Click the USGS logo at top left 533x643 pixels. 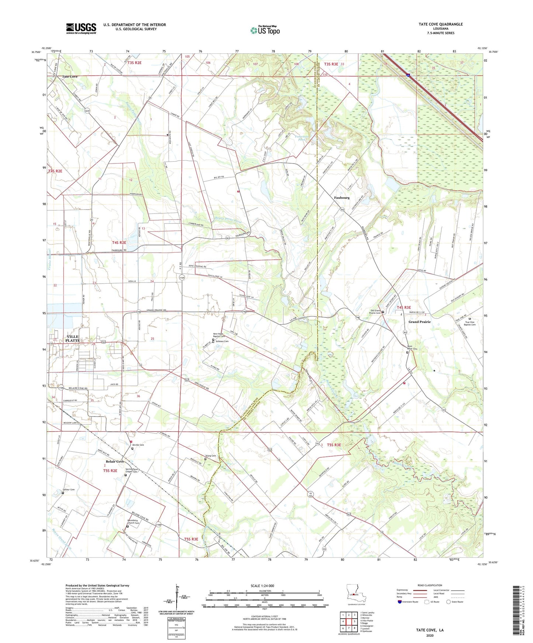coord(81,28)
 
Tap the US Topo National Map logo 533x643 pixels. coord(265,30)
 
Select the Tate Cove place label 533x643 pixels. coord(70,77)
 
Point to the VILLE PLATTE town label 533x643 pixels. coord(72,339)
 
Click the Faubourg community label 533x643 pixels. coord(342,198)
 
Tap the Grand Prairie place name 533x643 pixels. coord(419,322)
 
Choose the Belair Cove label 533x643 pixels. coord(115,461)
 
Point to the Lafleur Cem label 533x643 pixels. coord(69,490)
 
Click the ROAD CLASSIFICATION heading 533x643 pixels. coord(429,585)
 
